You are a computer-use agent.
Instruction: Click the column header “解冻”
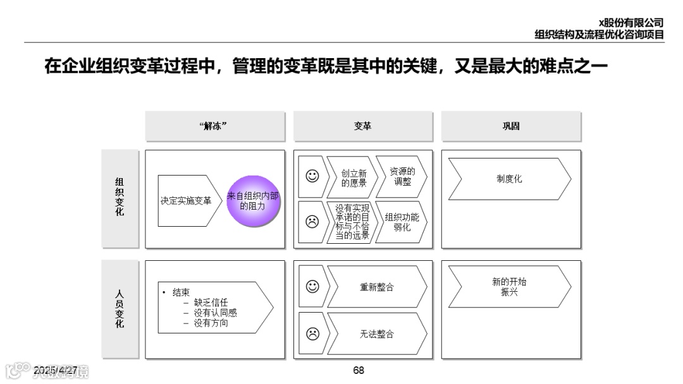213,126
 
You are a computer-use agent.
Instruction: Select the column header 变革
362,126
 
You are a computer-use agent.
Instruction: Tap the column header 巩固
510,126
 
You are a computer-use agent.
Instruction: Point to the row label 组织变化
120,198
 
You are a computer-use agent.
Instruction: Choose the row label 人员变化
120,309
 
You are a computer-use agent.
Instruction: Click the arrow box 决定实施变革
185,201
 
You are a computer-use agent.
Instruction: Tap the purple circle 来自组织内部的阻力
253,201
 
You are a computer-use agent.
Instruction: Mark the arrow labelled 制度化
509,179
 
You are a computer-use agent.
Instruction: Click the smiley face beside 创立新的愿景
312,176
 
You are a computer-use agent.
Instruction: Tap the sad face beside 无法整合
312,333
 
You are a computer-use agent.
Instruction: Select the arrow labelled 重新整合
377,287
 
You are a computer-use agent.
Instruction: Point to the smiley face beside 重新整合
312,286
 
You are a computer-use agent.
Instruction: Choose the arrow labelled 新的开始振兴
509,287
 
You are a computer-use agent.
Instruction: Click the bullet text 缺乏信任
211,303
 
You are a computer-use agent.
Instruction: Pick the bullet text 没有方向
211,323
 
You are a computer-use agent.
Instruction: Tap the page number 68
359,371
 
